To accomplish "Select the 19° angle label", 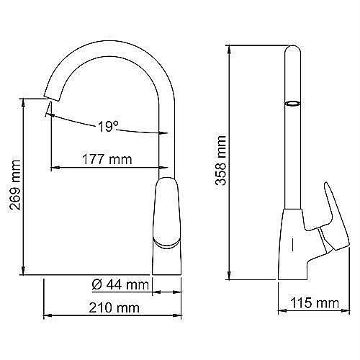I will point(107,127).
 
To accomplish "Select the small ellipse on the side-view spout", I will point(293,104).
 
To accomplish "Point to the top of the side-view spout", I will point(293,49).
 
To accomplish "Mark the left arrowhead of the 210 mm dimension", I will point(47,316).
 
